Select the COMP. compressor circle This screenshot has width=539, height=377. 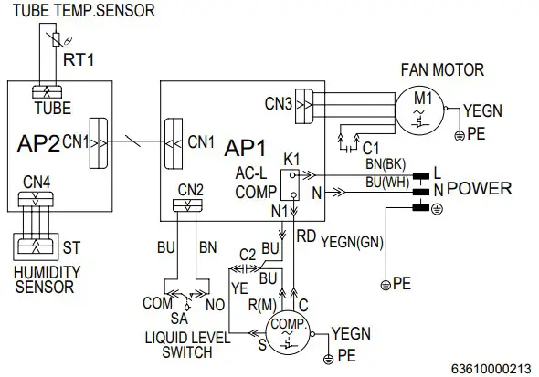coord(290,334)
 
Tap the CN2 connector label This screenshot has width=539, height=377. coord(190,189)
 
